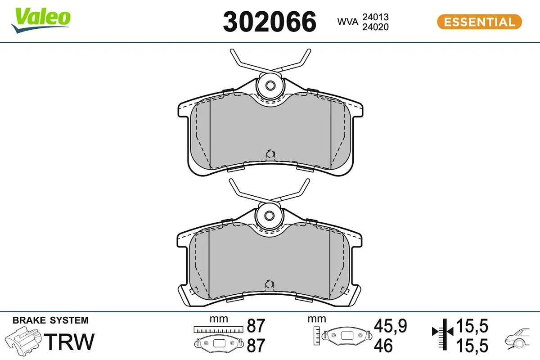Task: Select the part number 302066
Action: point(270,22)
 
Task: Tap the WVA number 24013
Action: point(376,17)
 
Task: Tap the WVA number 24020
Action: point(376,27)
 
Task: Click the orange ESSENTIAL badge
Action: point(479,22)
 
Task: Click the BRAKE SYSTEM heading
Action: point(50,320)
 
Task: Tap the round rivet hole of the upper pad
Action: point(270,85)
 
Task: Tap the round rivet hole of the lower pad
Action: point(270,215)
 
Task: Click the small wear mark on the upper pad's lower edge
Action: point(270,154)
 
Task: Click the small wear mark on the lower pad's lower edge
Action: point(270,284)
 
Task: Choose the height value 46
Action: point(383,346)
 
